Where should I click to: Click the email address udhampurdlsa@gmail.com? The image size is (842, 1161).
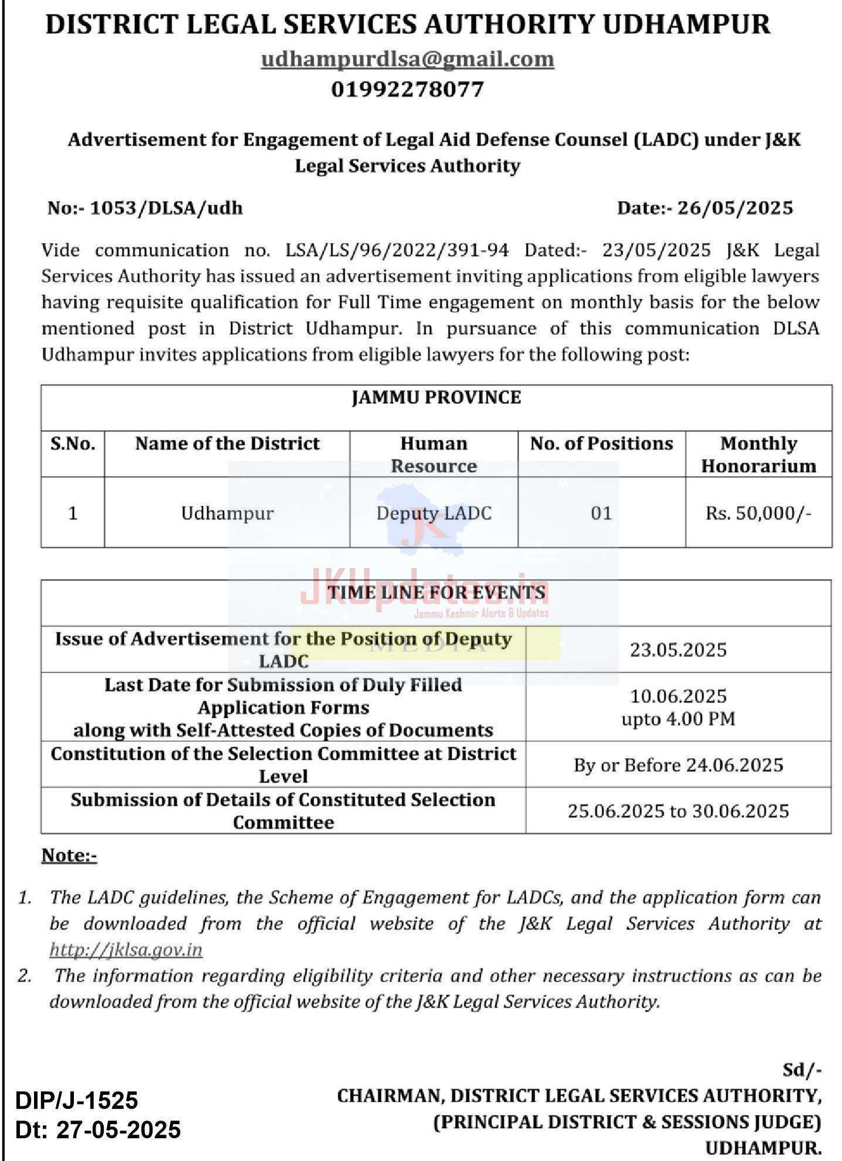click(x=408, y=59)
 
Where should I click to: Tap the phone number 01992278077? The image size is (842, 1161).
click(x=408, y=90)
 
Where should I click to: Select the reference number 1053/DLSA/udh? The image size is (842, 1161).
click(x=166, y=208)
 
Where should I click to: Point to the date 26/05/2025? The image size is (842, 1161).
click(x=735, y=208)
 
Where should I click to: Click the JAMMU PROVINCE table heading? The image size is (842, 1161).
click(x=436, y=398)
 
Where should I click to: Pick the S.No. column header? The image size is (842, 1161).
click(x=73, y=444)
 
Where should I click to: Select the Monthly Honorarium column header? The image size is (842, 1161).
click(x=758, y=454)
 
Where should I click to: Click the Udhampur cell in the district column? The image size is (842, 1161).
click(x=227, y=514)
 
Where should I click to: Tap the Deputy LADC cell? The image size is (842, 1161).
click(x=434, y=514)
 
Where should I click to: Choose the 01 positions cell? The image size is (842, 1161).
click(x=601, y=514)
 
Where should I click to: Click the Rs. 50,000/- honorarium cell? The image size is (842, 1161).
click(x=758, y=514)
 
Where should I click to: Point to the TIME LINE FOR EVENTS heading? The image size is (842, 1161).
click(x=436, y=592)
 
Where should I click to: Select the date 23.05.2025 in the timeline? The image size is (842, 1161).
click(x=678, y=650)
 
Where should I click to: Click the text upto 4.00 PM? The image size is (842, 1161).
click(x=678, y=719)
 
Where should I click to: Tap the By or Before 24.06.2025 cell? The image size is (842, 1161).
click(x=678, y=765)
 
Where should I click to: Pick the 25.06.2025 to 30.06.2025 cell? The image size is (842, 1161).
click(x=678, y=811)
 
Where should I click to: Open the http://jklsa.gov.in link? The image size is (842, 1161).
click(x=126, y=949)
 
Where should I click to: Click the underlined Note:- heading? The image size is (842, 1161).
click(x=69, y=856)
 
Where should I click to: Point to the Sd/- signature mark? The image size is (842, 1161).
click(x=802, y=1070)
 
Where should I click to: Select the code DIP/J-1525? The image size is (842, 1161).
click(x=77, y=1101)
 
